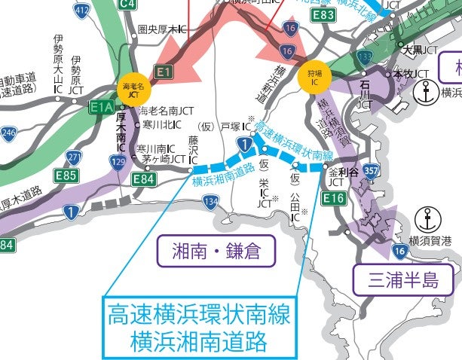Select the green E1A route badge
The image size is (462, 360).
(x=101, y=107)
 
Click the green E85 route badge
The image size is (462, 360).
(x=66, y=175)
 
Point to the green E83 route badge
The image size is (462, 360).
(x=325, y=14)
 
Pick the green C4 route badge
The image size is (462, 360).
(x=129, y=5)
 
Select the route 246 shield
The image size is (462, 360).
(x=8, y=134)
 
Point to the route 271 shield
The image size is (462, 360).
(x=74, y=157)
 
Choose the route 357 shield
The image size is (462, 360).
(x=370, y=171)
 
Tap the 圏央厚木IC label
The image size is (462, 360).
(x=163, y=30)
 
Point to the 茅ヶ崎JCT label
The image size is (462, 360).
(x=163, y=159)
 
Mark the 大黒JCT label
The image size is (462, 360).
(x=420, y=50)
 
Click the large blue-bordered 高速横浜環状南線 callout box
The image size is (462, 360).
(x=198, y=327)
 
